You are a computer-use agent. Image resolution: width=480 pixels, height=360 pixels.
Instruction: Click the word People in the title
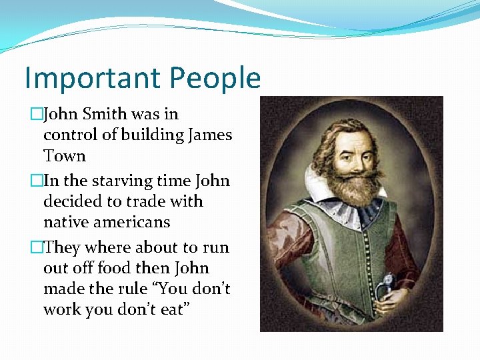[x=215, y=79]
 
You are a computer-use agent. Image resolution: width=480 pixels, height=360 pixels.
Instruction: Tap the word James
[x=211, y=135]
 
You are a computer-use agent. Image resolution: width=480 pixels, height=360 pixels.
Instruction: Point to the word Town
[x=65, y=156]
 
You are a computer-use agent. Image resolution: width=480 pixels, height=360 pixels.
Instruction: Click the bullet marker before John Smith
[x=36, y=115]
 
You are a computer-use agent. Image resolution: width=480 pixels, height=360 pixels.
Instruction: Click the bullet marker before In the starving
[x=36, y=181]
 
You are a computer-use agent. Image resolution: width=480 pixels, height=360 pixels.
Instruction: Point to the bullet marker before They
[x=36, y=247]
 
